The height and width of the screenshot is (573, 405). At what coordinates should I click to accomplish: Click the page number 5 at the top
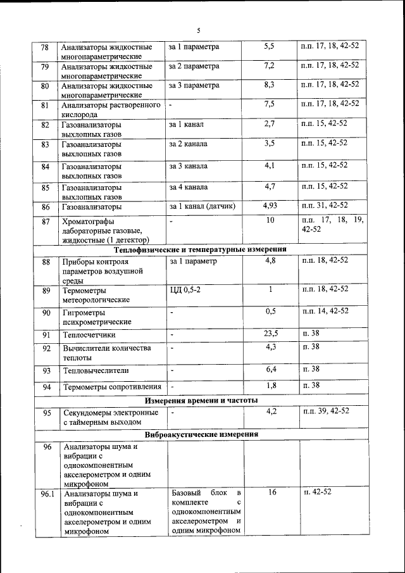click(x=198, y=30)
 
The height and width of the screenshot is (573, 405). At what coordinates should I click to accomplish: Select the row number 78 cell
click(x=45, y=48)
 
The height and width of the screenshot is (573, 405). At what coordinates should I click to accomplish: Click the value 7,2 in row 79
click(x=269, y=66)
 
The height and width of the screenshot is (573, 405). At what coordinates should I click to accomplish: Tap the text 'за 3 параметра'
click(x=194, y=85)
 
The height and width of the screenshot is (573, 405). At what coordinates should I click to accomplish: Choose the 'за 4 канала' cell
click(x=188, y=187)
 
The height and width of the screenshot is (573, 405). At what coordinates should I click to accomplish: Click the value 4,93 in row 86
click(x=270, y=206)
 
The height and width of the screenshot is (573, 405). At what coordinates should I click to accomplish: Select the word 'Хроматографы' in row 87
click(x=88, y=222)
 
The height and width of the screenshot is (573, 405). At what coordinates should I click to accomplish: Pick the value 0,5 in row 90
click(x=270, y=311)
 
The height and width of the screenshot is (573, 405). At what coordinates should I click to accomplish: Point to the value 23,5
click(x=270, y=333)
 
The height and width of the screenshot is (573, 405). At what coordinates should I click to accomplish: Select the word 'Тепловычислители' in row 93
click(x=95, y=370)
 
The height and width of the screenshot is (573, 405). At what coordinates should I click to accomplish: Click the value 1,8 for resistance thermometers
click(x=270, y=385)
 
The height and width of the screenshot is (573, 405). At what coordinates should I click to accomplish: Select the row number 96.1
click(x=46, y=493)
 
